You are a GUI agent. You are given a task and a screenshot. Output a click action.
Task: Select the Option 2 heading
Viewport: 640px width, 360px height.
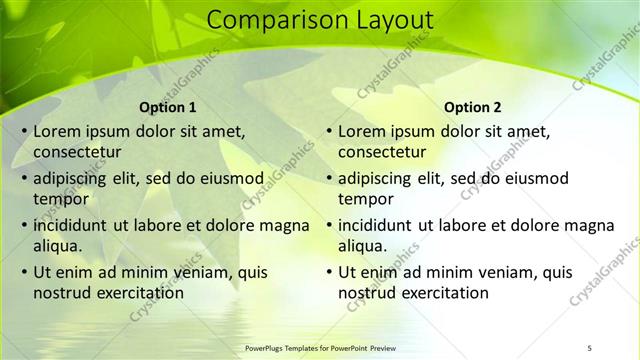point(473,107)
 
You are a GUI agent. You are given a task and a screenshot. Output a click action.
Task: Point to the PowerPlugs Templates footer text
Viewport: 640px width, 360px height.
point(321,348)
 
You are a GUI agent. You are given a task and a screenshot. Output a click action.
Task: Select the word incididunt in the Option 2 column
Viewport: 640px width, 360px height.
point(381,225)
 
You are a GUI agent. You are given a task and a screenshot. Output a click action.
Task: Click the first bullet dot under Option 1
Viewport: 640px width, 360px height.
point(24,132)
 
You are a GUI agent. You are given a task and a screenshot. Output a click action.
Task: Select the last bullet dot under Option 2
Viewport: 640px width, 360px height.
point(329,272)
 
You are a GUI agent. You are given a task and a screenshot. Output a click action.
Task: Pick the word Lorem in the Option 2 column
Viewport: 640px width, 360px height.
point(362,131)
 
